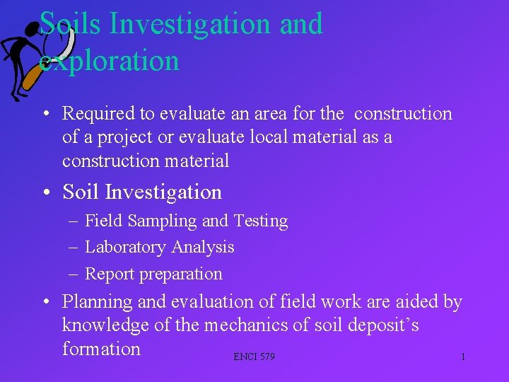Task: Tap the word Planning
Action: (98, 302)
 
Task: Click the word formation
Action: (101, 349)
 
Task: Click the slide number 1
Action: (463, 357)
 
